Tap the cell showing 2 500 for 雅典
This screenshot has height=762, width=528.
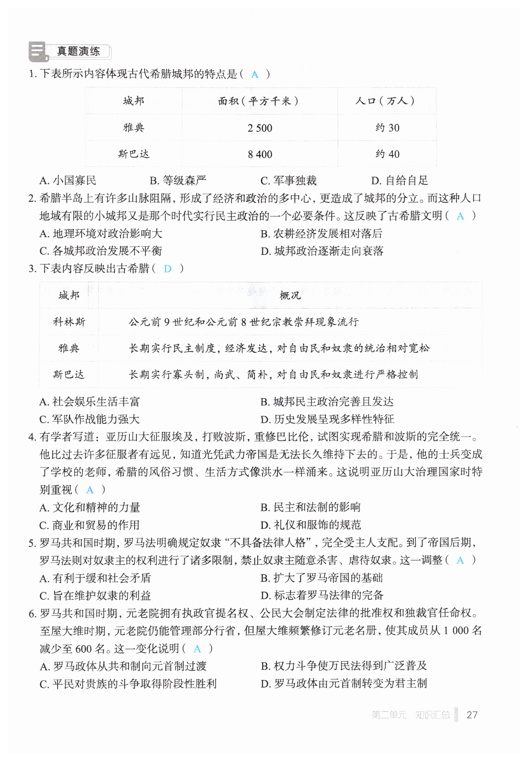pos(260,128)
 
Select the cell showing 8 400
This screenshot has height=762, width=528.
pos(260,154)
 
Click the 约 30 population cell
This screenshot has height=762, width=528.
pos(387,128)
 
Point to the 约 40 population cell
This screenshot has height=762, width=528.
pos(387,154)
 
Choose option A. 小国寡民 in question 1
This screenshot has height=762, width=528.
pos(68,180)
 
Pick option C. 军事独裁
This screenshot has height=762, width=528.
pos(288,180)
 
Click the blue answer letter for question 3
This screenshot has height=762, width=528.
pos(168,269)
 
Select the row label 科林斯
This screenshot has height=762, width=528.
pos(69,322)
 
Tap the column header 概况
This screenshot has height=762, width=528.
pos(290,295)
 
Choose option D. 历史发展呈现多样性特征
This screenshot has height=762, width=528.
pos(327,419)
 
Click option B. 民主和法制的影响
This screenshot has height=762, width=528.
pos(310,507)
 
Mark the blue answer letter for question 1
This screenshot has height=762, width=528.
pos(254,74)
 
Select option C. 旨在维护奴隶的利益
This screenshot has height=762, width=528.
pos(95,596)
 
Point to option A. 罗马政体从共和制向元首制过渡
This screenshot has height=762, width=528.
pos(123,666)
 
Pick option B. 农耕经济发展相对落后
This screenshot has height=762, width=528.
pos(321,234)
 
